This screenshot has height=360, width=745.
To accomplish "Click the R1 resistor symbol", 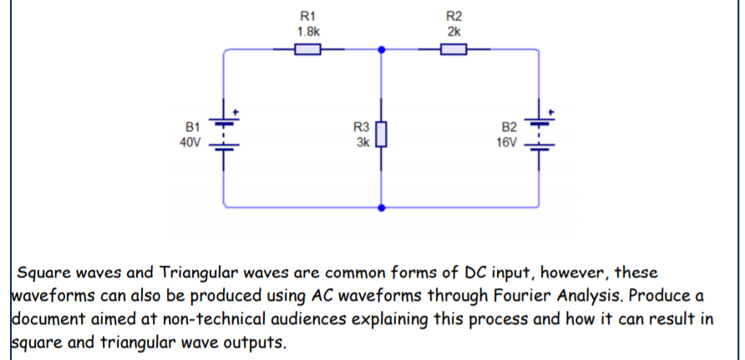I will point(308,49).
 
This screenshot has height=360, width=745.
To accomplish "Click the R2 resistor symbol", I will point(454,49).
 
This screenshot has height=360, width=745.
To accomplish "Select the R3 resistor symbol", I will point(382,134).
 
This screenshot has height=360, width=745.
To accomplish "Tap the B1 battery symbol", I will point(225,133).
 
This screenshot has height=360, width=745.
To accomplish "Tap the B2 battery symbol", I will point(537,133).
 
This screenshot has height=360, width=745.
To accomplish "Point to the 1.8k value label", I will point(308,30).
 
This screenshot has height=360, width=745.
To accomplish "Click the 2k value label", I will point(454,30).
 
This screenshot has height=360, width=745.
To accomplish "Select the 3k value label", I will point(362,142).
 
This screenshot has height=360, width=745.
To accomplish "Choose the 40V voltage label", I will point(190,142).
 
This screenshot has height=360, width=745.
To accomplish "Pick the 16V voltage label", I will point(506,142).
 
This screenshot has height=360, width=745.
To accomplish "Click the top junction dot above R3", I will point(382,49).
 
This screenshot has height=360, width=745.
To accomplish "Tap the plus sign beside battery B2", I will point(550,111).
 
